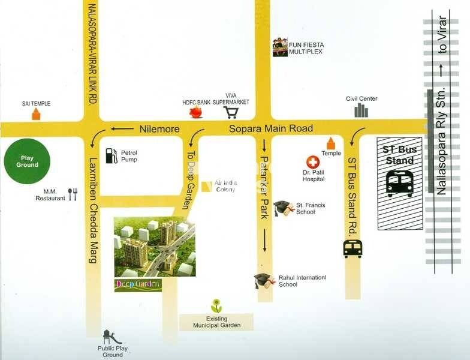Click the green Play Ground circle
point(27,161)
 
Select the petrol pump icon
point(111,155)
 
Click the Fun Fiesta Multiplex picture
point(280,47)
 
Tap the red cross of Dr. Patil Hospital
point(312,163)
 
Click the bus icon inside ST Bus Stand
point(399,184)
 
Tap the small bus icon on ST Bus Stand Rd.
point(352,248)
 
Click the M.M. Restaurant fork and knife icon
point(73,194)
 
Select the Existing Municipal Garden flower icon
point(216,306)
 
